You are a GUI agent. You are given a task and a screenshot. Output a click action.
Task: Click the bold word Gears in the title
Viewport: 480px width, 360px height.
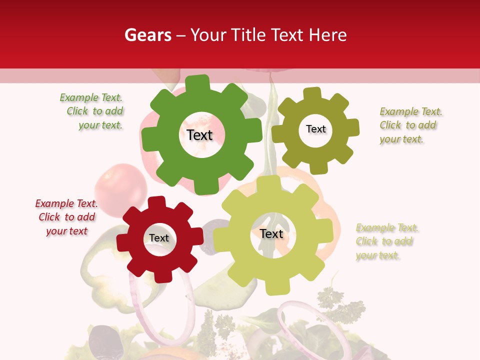(x=147, y=35)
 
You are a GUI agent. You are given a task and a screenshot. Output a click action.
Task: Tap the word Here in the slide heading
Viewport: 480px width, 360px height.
(x=328, y=35)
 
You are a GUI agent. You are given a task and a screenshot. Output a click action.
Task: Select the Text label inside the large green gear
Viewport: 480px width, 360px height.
(x=199, y=135)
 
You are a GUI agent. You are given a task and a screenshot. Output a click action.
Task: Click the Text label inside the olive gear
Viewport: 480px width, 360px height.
(x=315, y=129)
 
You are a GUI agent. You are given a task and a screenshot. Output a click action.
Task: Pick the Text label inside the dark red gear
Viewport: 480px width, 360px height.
(x=159, y=238)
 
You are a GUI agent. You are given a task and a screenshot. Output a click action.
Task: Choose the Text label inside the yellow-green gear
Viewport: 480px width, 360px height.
(x=271, y=234)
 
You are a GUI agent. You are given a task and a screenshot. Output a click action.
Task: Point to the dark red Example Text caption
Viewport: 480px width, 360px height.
(x=66, y=217)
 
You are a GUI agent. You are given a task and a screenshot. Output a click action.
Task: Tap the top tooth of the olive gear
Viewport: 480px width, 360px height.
(x=312, y=93)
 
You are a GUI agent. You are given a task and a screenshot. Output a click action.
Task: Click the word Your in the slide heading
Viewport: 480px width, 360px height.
(x=209, y=35)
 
